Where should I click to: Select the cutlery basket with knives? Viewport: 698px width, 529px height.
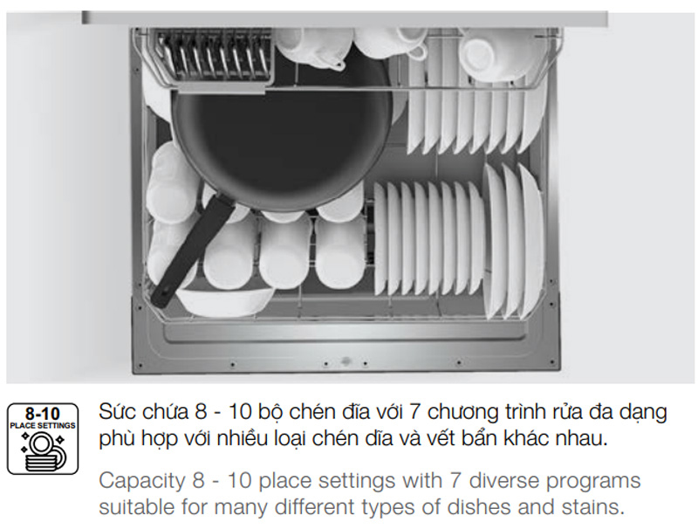(x=214, y=57)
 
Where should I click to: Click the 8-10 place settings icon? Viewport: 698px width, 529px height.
(x=43, y=438)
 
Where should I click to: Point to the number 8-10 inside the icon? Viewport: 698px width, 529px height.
(x=42, y=413)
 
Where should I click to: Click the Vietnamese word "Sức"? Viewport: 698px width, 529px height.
(x=118, y=411)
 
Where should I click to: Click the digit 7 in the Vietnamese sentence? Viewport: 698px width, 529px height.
(x=415, y=412)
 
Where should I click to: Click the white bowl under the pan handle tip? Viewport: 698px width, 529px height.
(x=225, y=299)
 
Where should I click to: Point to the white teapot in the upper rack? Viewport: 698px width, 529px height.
(x=311, y=48)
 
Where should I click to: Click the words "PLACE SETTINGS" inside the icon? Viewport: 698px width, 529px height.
(x=43, y=425)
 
